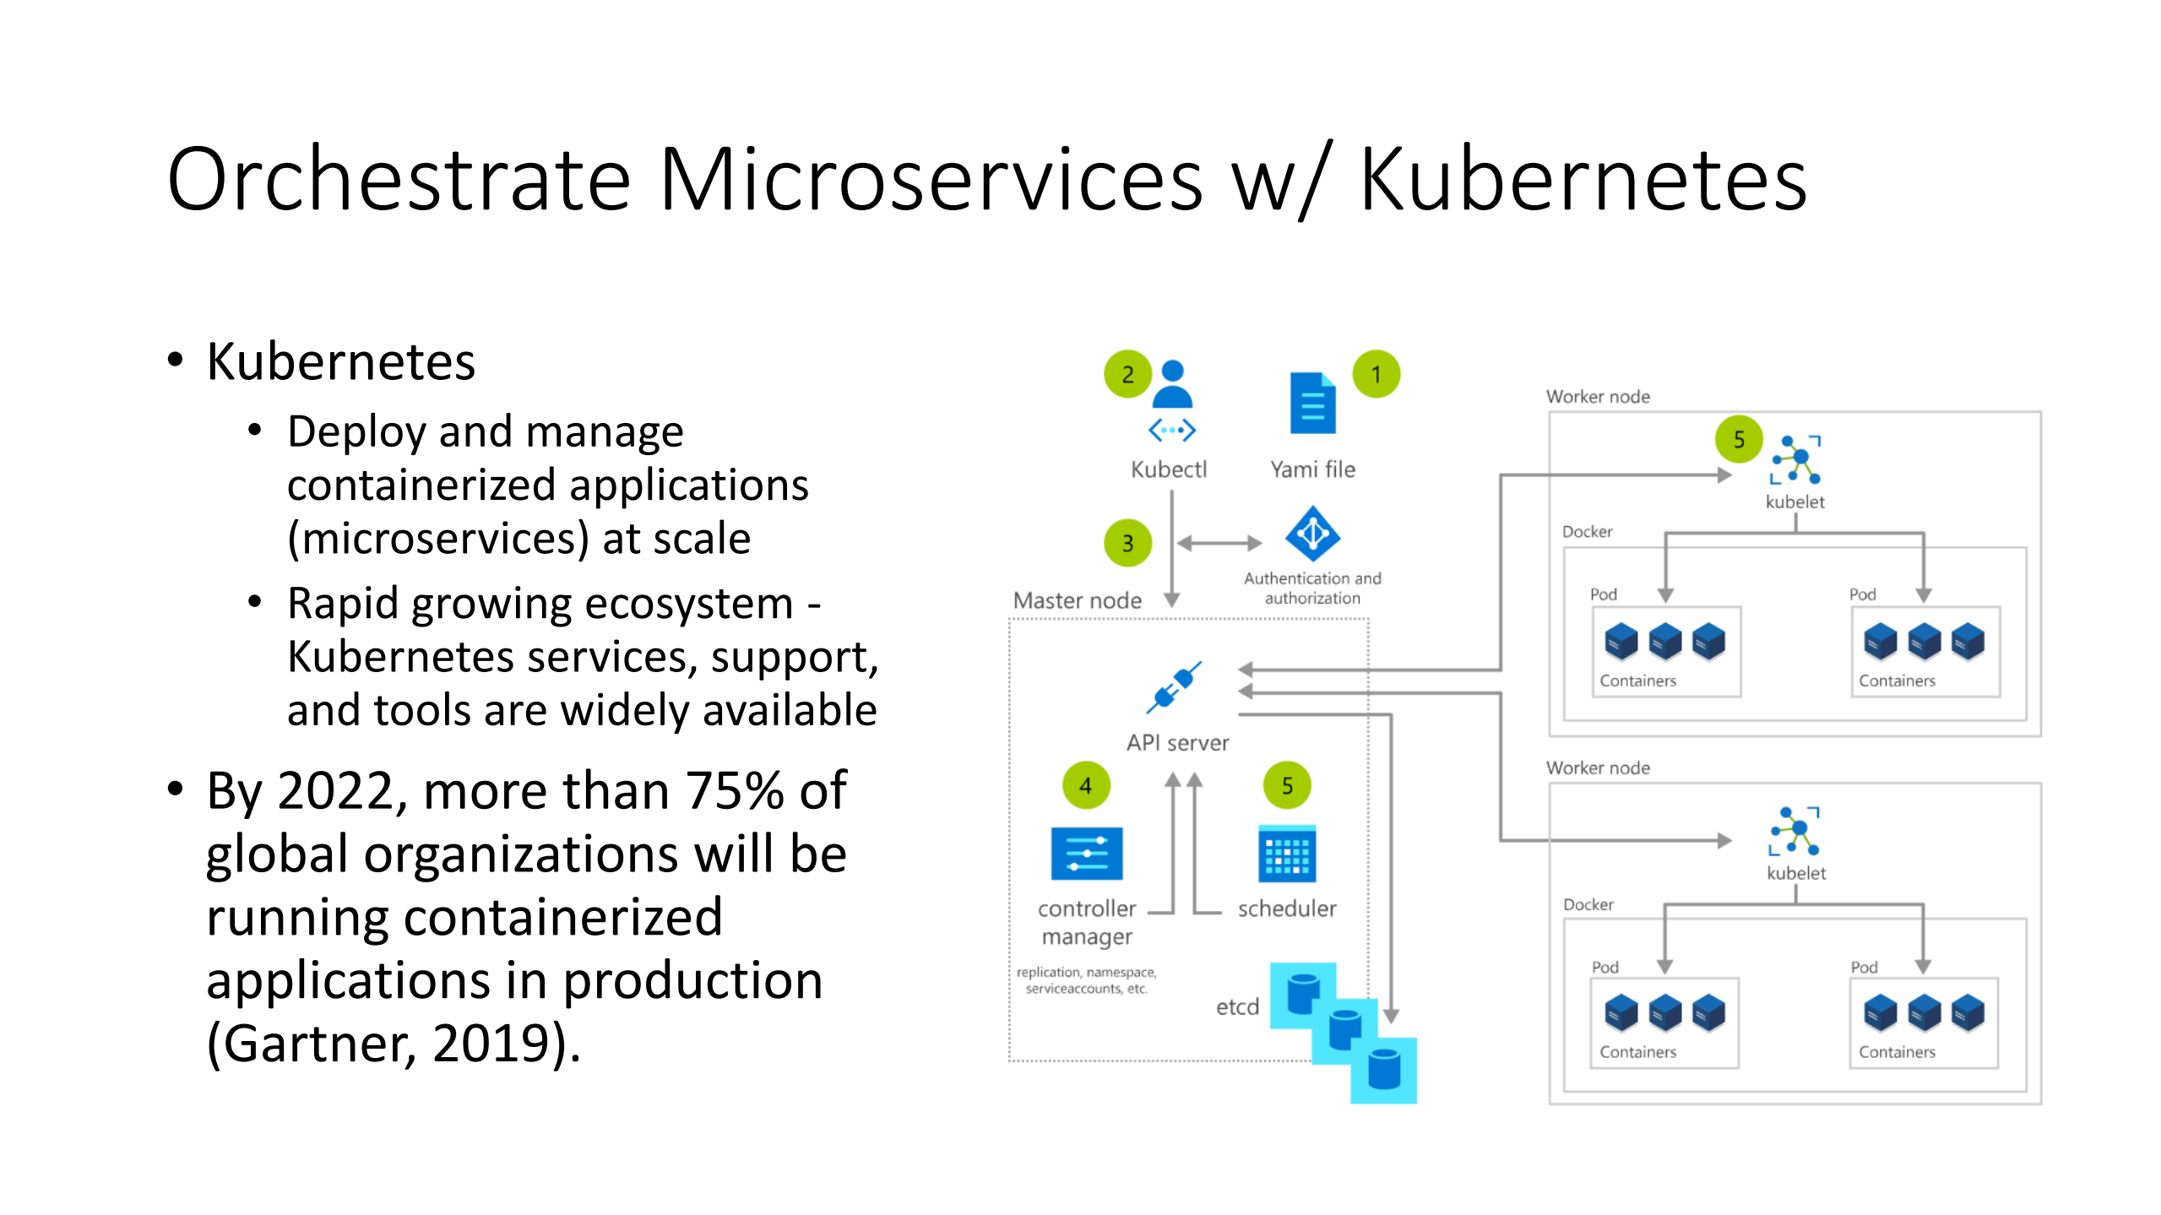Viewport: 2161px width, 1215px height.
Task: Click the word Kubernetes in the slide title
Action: pyautogui.click(x=1583, y=180)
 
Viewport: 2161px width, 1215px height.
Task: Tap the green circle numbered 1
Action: pyautogui.click(x=1376, y=374)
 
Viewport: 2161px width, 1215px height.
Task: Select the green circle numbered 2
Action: pyautogui.click(x=1127, y=374)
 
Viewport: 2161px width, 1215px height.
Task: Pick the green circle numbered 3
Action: pyautogui.click(x=1127, y=543)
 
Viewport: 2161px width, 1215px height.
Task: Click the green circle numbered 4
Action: pyautogui.click(x=1086, y=785)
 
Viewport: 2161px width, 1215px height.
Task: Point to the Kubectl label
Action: pyautogui.click(x=1169, y=469)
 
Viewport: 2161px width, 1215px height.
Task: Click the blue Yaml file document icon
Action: pyautogui.click(x=1312, y=403)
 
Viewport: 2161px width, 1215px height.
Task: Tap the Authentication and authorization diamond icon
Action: pyautogui.click(x=1312, y=534)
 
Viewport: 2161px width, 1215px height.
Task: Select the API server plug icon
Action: pyautogui.click(x=1174, y=687)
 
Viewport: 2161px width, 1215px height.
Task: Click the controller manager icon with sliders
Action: pyautogui.click(x=1086, y=854)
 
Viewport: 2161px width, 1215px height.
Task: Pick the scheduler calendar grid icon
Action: pyautogui.click(x=1286, y=854)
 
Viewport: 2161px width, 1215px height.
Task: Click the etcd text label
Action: pyautogui.click(x=1237, y=1006)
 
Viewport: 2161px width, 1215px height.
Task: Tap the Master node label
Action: pyautogui.click(x=1077, y=600)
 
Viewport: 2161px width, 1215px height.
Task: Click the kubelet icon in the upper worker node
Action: pyautogui.click(x=1796, y=459)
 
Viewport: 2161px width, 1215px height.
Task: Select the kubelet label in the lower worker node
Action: pyautogui.click(x=1796, y=873)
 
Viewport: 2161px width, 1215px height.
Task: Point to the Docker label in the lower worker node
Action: pyautogui.click(x=1588, y=904)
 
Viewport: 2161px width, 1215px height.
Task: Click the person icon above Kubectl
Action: pyautogui.click(x=1172, y=384)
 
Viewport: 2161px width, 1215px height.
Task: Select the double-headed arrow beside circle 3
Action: pyautogui.click(x=1219, y=543)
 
